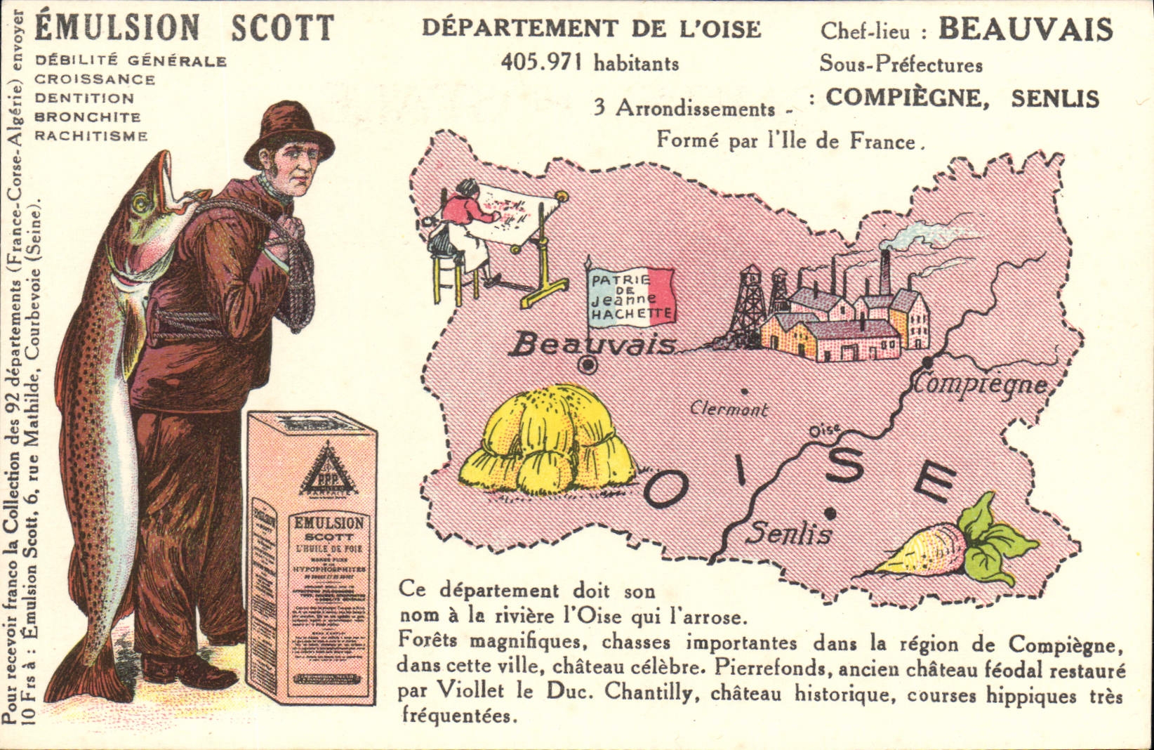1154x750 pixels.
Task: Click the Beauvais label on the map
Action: (x=594, y=345)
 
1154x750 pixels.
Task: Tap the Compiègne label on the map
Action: (x=981, y=384)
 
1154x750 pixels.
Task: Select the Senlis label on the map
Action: (x=788, y=534)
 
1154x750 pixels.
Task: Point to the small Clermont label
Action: (x=729, y=408)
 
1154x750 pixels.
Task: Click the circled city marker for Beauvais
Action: (x=588, y=364)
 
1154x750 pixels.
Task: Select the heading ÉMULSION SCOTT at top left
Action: (x=184, y=28)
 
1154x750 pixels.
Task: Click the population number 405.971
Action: (x=542, y=63)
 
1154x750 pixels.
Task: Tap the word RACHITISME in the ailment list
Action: (x=91, y=136)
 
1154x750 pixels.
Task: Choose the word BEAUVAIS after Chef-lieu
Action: (x=1026, y=29)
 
